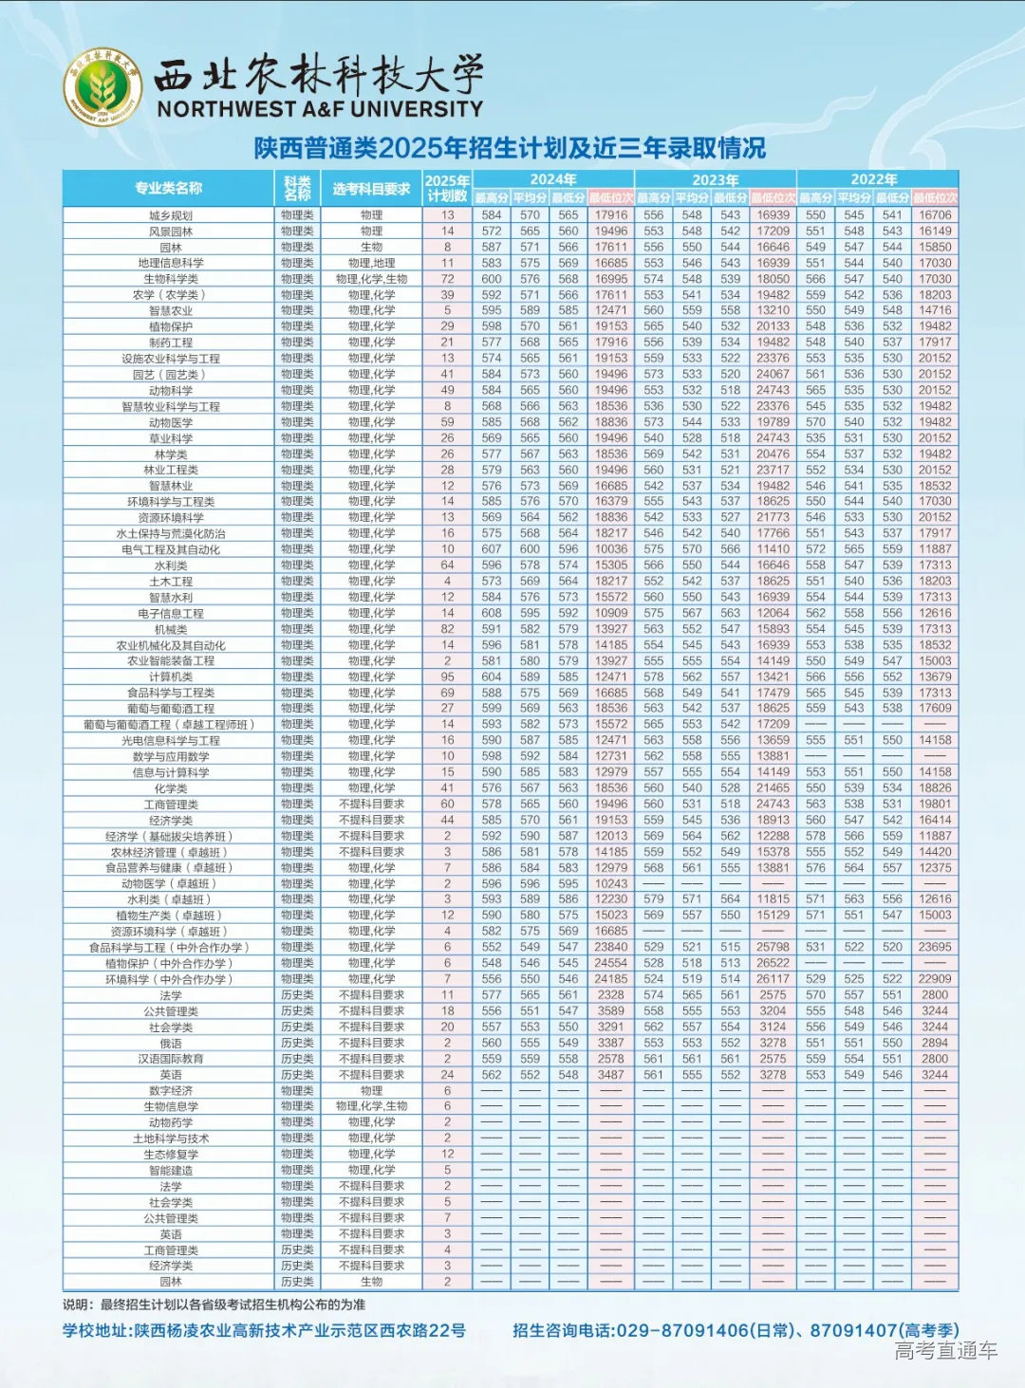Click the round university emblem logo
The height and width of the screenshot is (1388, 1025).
pyautogui.click(x=102, y=87)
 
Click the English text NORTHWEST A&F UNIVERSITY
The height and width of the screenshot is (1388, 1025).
pyautogui.click(x=320, y=109)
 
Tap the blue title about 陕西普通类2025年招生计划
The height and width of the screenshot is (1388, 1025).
pyautogui.click(x=510, y=148)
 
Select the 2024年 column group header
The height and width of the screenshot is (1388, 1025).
pyautogui.click(x=552, y=179)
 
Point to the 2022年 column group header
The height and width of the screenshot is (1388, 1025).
pyautogui.click(x=874, y=179)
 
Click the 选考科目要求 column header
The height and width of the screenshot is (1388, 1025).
pyautogui.click(x=371, y=189)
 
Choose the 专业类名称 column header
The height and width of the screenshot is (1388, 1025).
pyautogui.click(x=168, y=188)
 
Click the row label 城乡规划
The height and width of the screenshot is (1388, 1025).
pyautogui.click(x=171, y=215)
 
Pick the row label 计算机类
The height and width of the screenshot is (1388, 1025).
pyautogui.click(x=171, y=677)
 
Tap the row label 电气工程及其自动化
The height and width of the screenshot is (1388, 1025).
pyautogui.click(x=171, y=549)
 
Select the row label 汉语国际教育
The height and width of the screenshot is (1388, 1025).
pyautogui.click(x=171, y=1059)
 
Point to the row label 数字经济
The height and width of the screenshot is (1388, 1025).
pyautogui.click(x=171, y=1091)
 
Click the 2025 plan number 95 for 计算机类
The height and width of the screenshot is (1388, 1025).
pyautogui.click(x=447, y=677)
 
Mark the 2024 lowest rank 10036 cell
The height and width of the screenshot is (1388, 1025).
pyautogui.click(x=611, y=549)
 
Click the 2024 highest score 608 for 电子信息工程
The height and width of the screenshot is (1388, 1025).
pyautogui.click(x=492, y=613)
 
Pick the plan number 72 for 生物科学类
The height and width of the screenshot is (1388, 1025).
pyautogui.click(x=447, y=279)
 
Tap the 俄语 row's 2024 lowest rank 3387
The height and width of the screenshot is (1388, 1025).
pyautogui.click(x=611, y=1043)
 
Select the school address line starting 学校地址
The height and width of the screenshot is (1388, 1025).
pyautogui.click(x=264, y=1331)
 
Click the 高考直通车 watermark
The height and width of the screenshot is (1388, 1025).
pyautogui.click(x=945, y=1351)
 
